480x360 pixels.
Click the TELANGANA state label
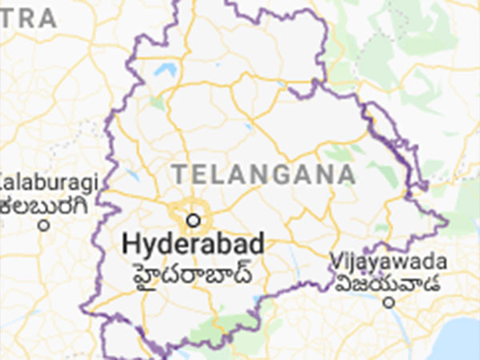(263, 174)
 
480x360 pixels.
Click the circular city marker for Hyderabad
(192, 218)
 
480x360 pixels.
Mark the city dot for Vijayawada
(389, 302)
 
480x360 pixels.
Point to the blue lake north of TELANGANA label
(165, 70)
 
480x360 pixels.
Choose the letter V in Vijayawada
(336, 262)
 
